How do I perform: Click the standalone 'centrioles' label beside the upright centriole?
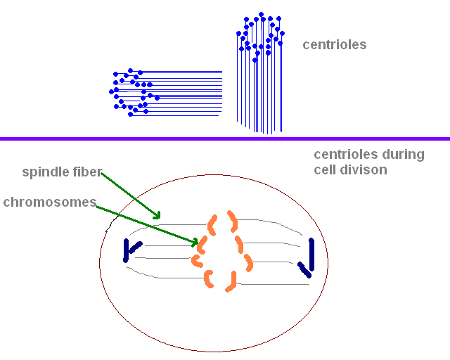click(x=335, y=45)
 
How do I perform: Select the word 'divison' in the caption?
click(x=364, y=170)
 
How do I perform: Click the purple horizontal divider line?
click(x=225, y=139)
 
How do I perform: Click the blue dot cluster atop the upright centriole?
click(x=260, y=35)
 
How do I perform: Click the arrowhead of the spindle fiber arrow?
click(x=158, y=215)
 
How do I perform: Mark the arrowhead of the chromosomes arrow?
click(x=196, y=243)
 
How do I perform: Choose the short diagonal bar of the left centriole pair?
click(x=134, y=245)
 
